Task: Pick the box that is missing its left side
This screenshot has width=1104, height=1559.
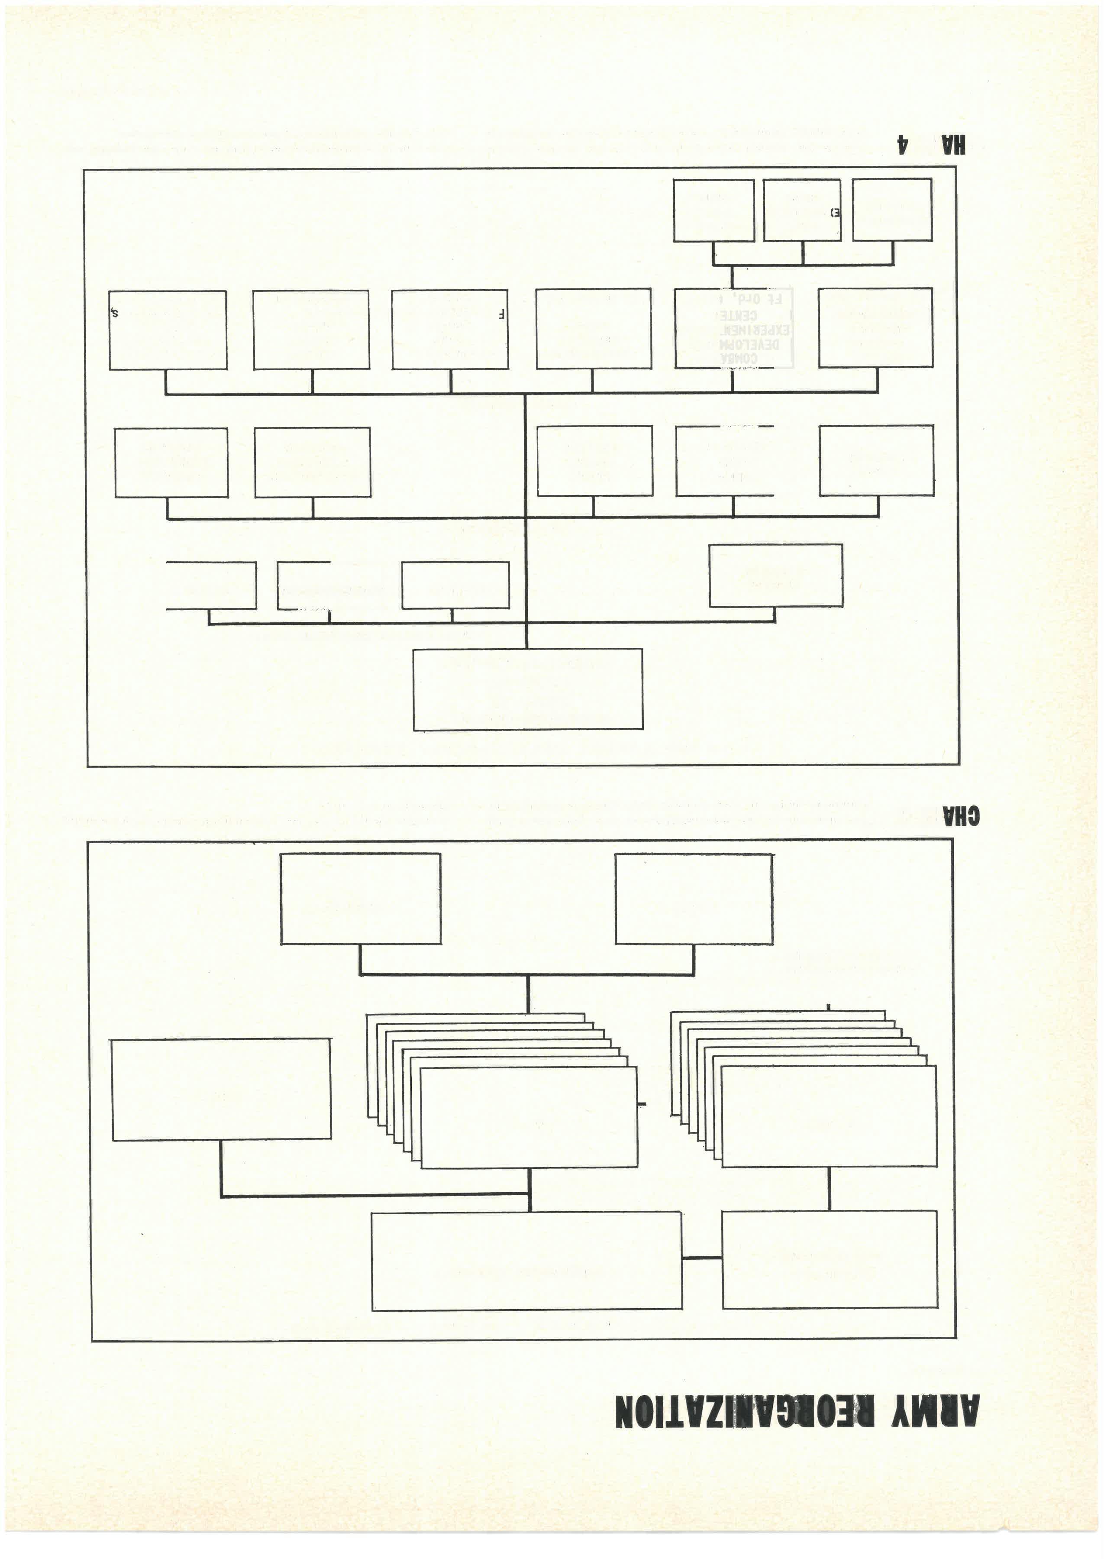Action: tap(211, 585)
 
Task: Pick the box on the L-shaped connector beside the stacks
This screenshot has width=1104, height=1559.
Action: tap(221, 1092)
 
